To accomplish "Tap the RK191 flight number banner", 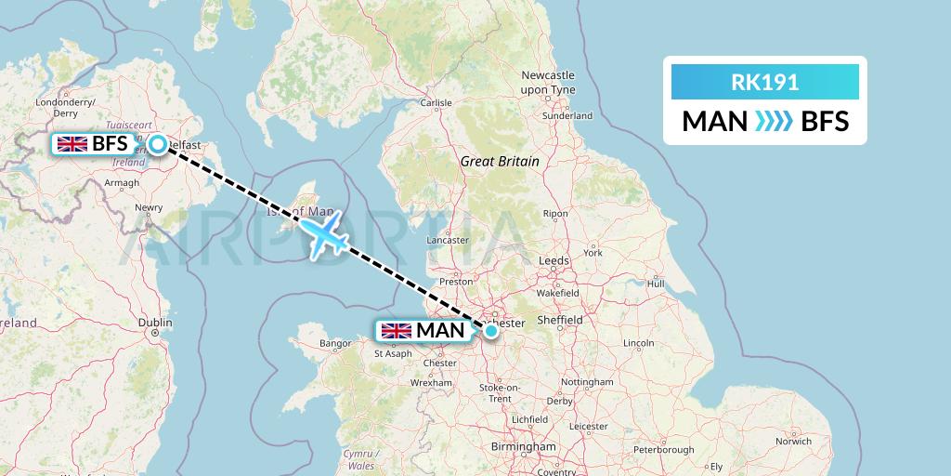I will (764, 83).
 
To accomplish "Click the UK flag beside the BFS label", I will (72, 144).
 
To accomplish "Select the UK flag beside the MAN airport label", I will (396, 330).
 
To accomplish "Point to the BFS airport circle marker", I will (158, 144).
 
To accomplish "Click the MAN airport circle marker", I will (491, 329).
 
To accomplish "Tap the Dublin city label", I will (154, 324).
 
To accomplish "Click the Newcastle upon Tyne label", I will (548, 82).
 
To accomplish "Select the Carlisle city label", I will (437, 103).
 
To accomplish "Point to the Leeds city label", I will (554, 261).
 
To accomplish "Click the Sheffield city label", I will (562, 320).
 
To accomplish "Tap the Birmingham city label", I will (525, 447).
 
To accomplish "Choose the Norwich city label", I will (793, 442).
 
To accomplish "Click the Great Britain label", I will (500, 162).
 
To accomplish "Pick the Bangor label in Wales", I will (334, 344).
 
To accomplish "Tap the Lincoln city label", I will (639, 343).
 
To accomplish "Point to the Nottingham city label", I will (587, 382).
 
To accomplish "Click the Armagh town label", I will (122, 184).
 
